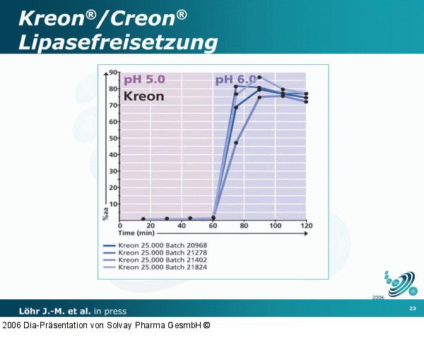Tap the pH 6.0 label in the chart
(x=234, y=80)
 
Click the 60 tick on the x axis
(x=213, y=225)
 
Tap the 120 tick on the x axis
(x=307, y=225)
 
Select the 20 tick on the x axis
(x=151, y=225)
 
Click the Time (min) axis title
(x=136, y=232)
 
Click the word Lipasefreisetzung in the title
(x=117, y=42)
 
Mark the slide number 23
(x=412, y=309)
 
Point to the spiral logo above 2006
(x=401, y=283)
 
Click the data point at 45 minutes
(x=190, y=218)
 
